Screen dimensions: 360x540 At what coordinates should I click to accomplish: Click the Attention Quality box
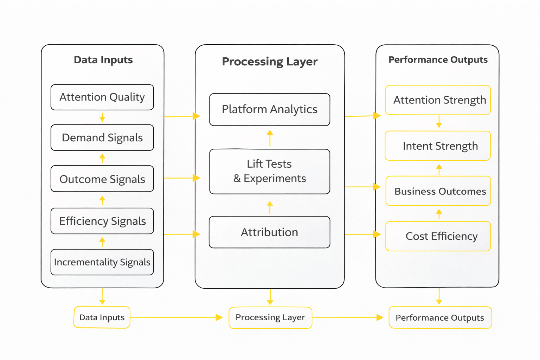pos(102,97)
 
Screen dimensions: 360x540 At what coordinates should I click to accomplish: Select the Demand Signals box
pos(102,137)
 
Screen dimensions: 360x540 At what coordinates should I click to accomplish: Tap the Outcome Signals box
pos(102,179)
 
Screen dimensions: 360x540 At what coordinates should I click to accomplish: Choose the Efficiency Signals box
pos(102,221)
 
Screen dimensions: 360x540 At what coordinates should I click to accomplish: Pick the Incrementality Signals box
pos(102,262)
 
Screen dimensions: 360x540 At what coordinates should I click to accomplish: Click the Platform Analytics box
pos(270,109)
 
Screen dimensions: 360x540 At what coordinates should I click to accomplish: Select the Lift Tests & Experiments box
pos(270,171)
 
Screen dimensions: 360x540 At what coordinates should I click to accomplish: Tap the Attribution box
pos(270,232)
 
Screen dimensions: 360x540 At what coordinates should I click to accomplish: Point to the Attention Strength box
pos(438,100)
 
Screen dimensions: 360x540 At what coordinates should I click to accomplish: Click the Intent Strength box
pos(438,146)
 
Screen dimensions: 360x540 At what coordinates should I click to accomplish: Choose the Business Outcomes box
pos(438,191)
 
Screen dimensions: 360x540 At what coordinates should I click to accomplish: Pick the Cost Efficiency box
pos(438,236)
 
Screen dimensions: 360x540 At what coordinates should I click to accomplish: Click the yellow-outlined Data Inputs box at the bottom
pos(102,317)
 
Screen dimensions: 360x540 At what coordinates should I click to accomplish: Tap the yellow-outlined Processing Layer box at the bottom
pos(270,317)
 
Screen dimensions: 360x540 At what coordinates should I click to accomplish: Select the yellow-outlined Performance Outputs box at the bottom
pos(440,317)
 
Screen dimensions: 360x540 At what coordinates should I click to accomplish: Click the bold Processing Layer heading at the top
pos(270,62)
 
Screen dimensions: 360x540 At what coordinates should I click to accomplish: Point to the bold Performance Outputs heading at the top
pos(438,60)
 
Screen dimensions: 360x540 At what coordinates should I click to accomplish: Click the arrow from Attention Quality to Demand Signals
pos(102,117)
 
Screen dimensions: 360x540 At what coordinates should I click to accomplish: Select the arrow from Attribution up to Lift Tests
pos(270,207)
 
